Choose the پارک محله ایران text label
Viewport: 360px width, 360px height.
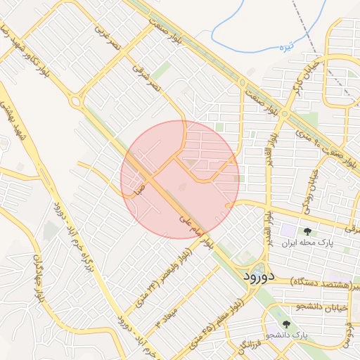307,243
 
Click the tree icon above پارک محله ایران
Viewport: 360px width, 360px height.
307,231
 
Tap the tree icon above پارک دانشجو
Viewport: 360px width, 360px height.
286,323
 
